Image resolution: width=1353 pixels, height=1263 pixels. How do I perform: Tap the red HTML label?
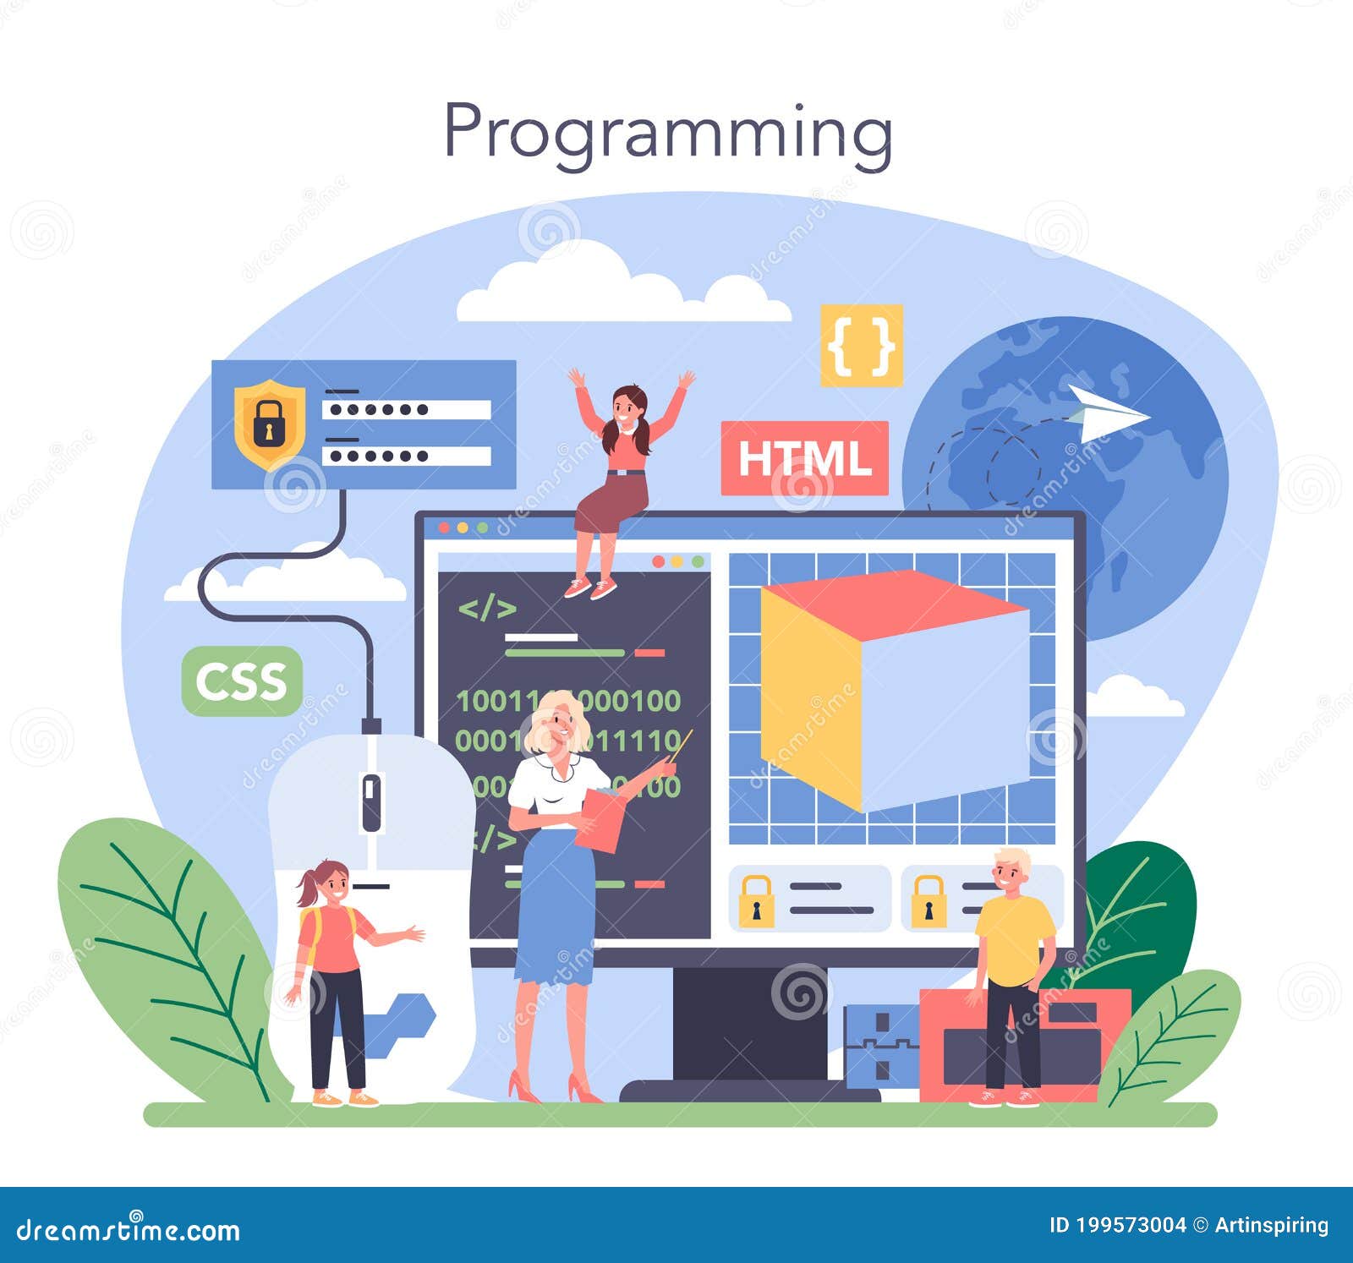point(804,458)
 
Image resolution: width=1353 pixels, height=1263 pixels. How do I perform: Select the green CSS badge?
point(242,681)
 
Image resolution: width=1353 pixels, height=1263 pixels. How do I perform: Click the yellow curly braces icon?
point(862,345)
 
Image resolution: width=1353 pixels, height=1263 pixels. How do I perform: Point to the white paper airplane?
point(1104,413)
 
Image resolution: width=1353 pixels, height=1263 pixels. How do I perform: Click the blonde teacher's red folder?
point(600,819)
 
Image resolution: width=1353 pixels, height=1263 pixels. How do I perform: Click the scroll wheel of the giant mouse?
point(371,801)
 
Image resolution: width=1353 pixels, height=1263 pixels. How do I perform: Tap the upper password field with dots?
point(406,410)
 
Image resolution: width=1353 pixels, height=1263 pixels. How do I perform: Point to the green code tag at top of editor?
point(487,608)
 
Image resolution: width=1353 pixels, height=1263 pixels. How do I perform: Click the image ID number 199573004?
point(1129,1225)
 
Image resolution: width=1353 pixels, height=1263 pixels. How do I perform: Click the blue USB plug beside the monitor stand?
point(879,1044)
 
